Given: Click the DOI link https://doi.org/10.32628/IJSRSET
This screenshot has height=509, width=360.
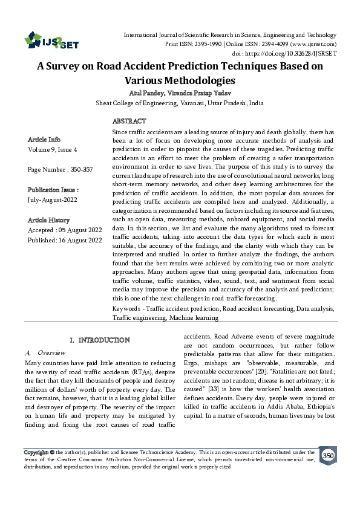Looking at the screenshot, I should point(301,53).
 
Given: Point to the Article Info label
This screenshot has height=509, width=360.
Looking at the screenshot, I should point(44,139).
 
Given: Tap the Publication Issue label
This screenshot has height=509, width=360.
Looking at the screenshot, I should point(53,189).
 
